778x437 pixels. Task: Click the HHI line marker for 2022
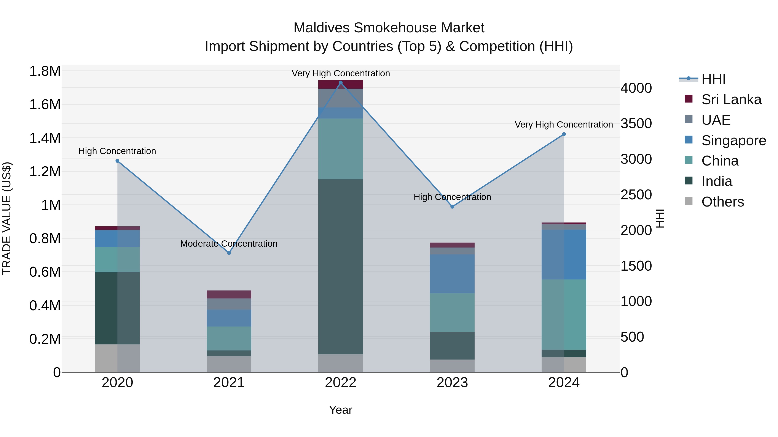pyautogui.click(x=341, y=83)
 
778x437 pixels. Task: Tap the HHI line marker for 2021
pyautogui.click(x=229, y=253)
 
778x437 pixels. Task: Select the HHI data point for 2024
pyautogui.click(x=564, y=134)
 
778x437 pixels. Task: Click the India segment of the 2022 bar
pyautogui.click(x=341, y=267)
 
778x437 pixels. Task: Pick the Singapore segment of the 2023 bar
pyautogui.click(x=452, y=274)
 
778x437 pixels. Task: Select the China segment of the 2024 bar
pyautogui.click(x=564, y=315)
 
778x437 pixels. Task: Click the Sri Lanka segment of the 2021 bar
pyautogui.click(x=229, y=294)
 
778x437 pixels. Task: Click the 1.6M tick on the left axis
pyautogui.click(x=45, y=105)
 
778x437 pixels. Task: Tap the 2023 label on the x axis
pyautogui.click(x=452, y=383)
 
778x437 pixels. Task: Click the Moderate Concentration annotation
pyautogui.click(x=229, y=244)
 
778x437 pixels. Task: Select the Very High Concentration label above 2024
pyautogui.click(x=564, y=125)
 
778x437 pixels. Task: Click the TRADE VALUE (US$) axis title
pyautogui.click(x=7, y=218)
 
